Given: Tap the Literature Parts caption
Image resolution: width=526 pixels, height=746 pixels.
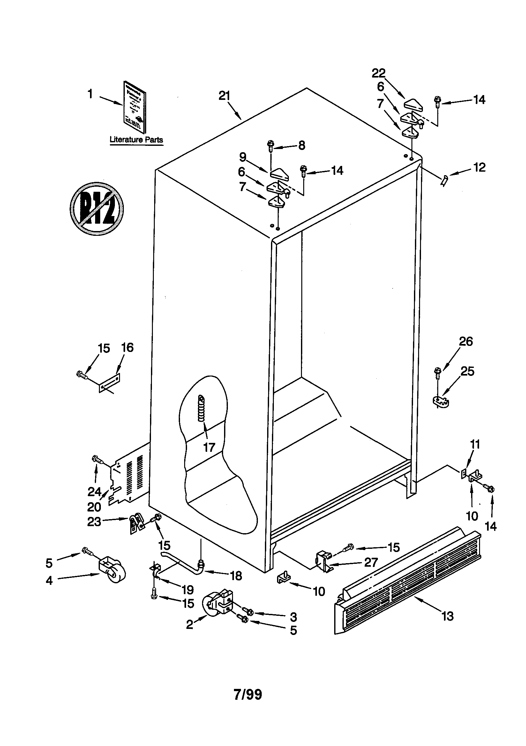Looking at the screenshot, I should (x=136, y=140).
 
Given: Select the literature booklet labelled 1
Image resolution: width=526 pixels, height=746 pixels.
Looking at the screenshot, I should (x=135, y=107).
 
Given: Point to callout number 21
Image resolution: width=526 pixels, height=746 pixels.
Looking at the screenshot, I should (x=224, y=96).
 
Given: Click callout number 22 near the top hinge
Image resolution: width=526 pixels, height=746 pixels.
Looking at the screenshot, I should (x=379, y=73).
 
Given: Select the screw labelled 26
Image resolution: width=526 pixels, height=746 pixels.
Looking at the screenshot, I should (x=438, y=372).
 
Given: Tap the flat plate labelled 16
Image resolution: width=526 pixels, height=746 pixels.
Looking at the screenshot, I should (x=109, y=383).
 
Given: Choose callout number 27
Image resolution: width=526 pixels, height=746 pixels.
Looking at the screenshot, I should (x=371, y=563).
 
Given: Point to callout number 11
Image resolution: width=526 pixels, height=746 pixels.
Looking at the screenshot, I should (x=475, y=444).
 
